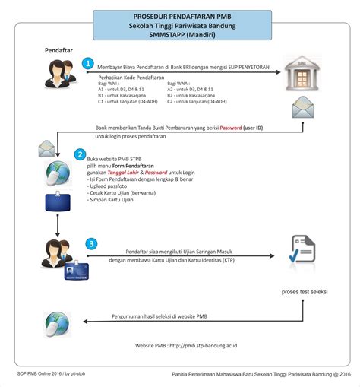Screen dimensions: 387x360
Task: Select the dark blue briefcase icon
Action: click(x=57, y=202)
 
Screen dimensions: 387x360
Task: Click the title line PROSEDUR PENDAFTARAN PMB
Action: click(x=180, y=14)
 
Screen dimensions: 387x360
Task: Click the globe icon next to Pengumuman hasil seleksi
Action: click(x=55, y=322)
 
